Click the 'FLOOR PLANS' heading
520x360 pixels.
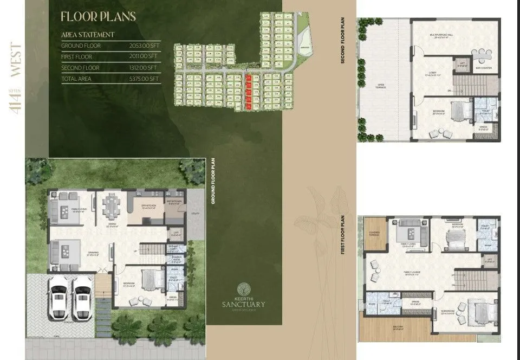point(98,16)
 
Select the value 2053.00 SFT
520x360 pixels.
point(144,46)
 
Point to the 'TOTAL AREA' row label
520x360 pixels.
point(76,79)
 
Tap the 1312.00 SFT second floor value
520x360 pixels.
point(144,68)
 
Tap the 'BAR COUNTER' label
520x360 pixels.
point(483,68)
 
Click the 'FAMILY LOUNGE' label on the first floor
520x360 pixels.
point(412,272)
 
